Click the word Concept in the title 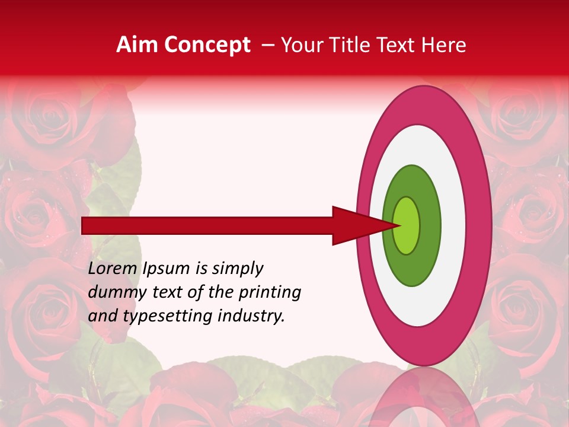click(207, 45)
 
